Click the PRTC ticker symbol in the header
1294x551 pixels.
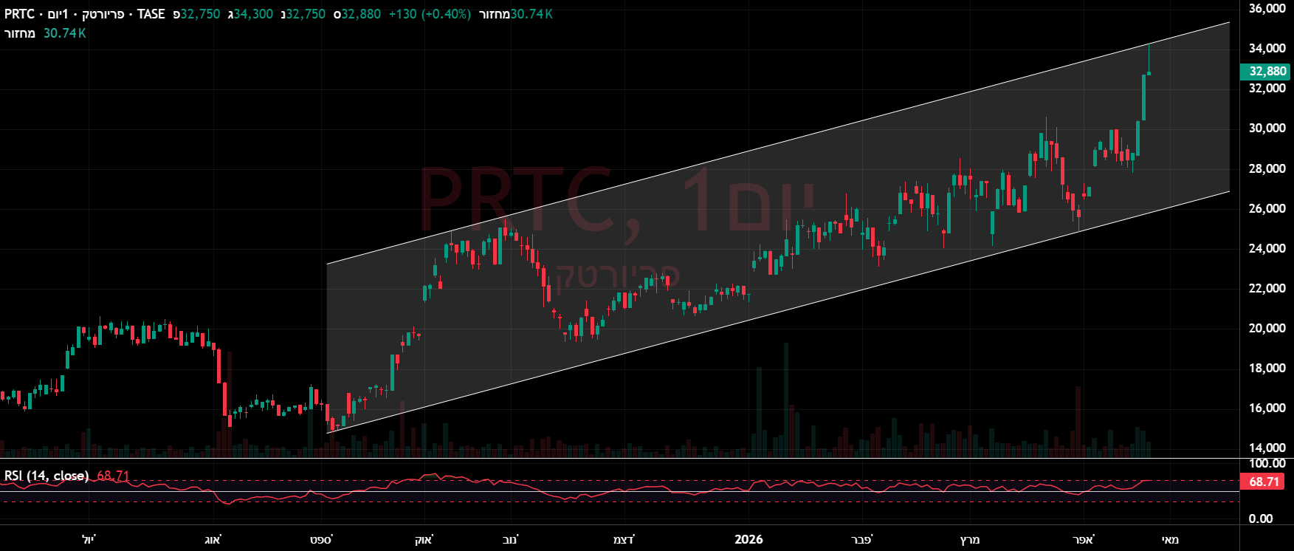(19, 14)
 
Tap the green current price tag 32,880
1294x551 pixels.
(1267, 72)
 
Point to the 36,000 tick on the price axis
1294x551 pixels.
(1267, 8)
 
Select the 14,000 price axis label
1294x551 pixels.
(1267, 448)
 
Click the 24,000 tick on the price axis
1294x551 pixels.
(1267, 248)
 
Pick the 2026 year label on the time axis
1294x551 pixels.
(748, 539)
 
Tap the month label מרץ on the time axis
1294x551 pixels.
(970, 539)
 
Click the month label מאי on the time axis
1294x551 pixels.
(1170, 539)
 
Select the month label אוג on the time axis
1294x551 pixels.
(213, 539)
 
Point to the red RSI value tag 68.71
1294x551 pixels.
(1264, 482)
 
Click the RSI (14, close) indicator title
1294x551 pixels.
(47, 476)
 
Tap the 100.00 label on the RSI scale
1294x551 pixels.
(1267, 463)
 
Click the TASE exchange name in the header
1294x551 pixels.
(151, 14)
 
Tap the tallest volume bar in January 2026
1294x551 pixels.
(786, 399)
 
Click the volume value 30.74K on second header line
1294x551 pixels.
(64, 33)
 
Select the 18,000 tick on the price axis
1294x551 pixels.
(1267, 368)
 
